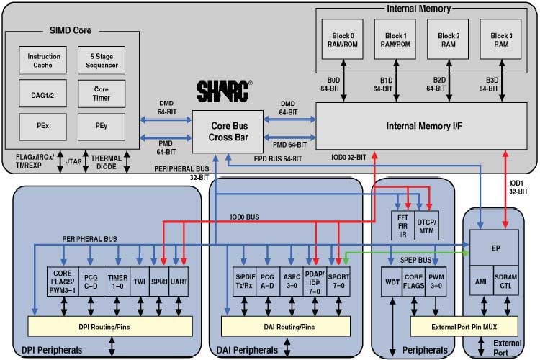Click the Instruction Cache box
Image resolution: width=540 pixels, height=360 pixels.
tap(44, 60)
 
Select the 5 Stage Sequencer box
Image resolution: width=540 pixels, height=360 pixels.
tap(101, 60)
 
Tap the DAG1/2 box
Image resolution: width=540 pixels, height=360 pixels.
tap(44, 93)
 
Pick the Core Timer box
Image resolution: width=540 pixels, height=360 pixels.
tap(101, 93)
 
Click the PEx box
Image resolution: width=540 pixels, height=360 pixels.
tap(44, 126)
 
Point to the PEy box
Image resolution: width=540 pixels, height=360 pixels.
tap(101, 126)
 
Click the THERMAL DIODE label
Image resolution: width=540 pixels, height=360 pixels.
tap(107, 163)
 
